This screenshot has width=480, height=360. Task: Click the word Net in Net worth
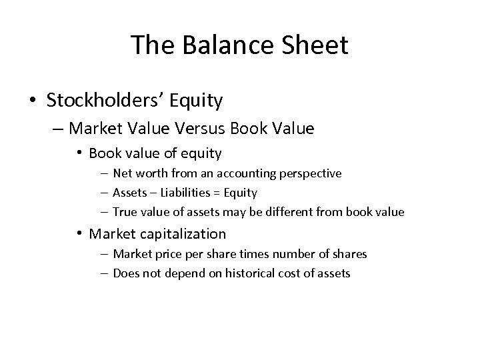click(x=121, y=173)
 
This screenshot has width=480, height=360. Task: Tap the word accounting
click(x=241, y=173)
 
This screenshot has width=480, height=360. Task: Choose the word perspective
click(x=309, y=173)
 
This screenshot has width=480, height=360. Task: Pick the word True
click(x=124, y=212)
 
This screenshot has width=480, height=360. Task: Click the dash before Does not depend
click(x=105, y=273)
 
